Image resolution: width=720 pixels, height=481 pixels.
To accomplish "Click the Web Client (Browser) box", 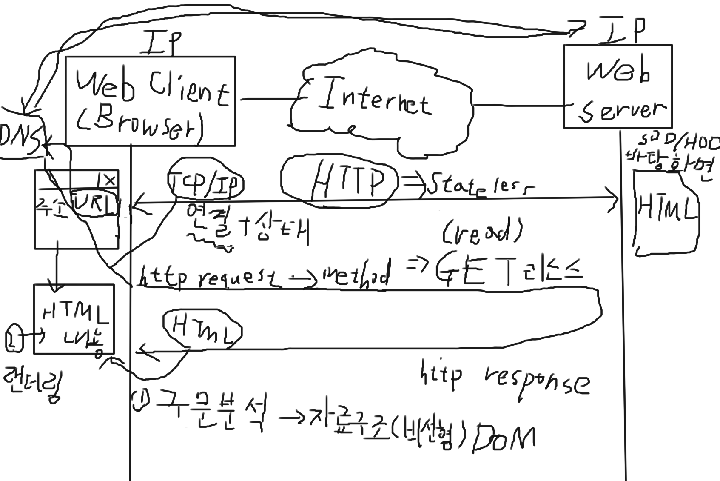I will click(150, 101).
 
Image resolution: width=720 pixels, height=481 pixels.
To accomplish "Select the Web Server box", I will click(618, 87).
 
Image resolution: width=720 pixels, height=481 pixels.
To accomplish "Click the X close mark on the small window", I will click(109, 180).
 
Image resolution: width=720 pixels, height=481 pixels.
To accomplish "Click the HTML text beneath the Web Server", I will click(666, 210).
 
